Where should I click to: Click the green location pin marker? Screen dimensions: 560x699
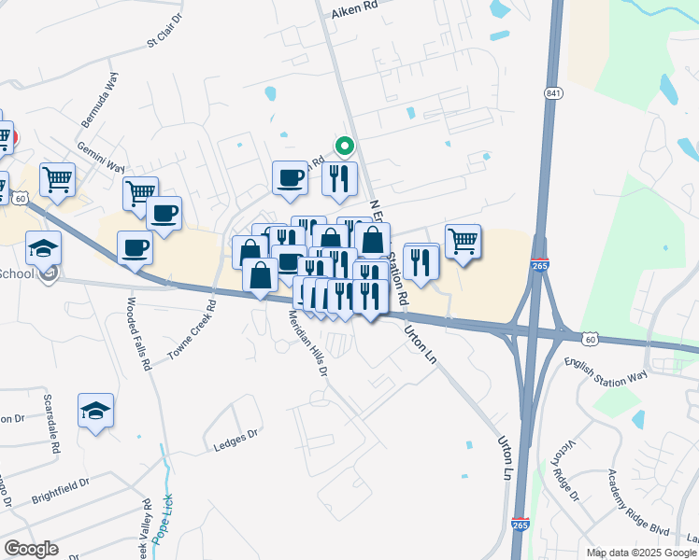pos(344,147)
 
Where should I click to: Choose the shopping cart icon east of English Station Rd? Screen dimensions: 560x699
pos(463,241)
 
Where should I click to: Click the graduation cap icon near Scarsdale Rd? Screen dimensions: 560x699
pos(95,411)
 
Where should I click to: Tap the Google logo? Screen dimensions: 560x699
pos(31,549)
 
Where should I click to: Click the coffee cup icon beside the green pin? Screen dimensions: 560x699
pos(290,177)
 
